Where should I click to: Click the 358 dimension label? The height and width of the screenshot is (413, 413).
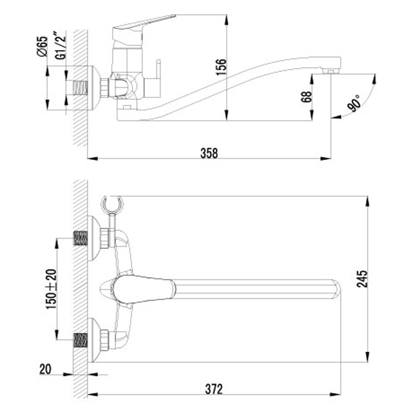point(209,153)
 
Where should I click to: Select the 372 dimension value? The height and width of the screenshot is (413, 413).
point(214,389)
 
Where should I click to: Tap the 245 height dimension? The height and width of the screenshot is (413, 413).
point(362,279)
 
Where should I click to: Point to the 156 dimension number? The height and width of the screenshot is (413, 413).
point(221,67)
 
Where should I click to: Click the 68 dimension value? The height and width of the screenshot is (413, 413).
point(306,97)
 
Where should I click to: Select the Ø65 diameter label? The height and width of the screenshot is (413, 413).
point(42,46)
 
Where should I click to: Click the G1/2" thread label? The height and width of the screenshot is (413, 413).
point(60,45)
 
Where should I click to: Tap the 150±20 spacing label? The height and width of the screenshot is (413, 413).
point(51,289)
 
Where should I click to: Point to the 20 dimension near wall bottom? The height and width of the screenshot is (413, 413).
point(45,369)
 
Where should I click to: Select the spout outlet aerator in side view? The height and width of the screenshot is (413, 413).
point(330,71)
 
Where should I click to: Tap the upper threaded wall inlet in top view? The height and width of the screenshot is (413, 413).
point(81,238)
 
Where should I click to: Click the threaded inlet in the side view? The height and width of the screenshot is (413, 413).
point(80,88)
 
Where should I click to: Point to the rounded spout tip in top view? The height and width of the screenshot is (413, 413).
point(337,289)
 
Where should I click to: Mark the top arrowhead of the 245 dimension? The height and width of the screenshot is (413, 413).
point(368,201)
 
